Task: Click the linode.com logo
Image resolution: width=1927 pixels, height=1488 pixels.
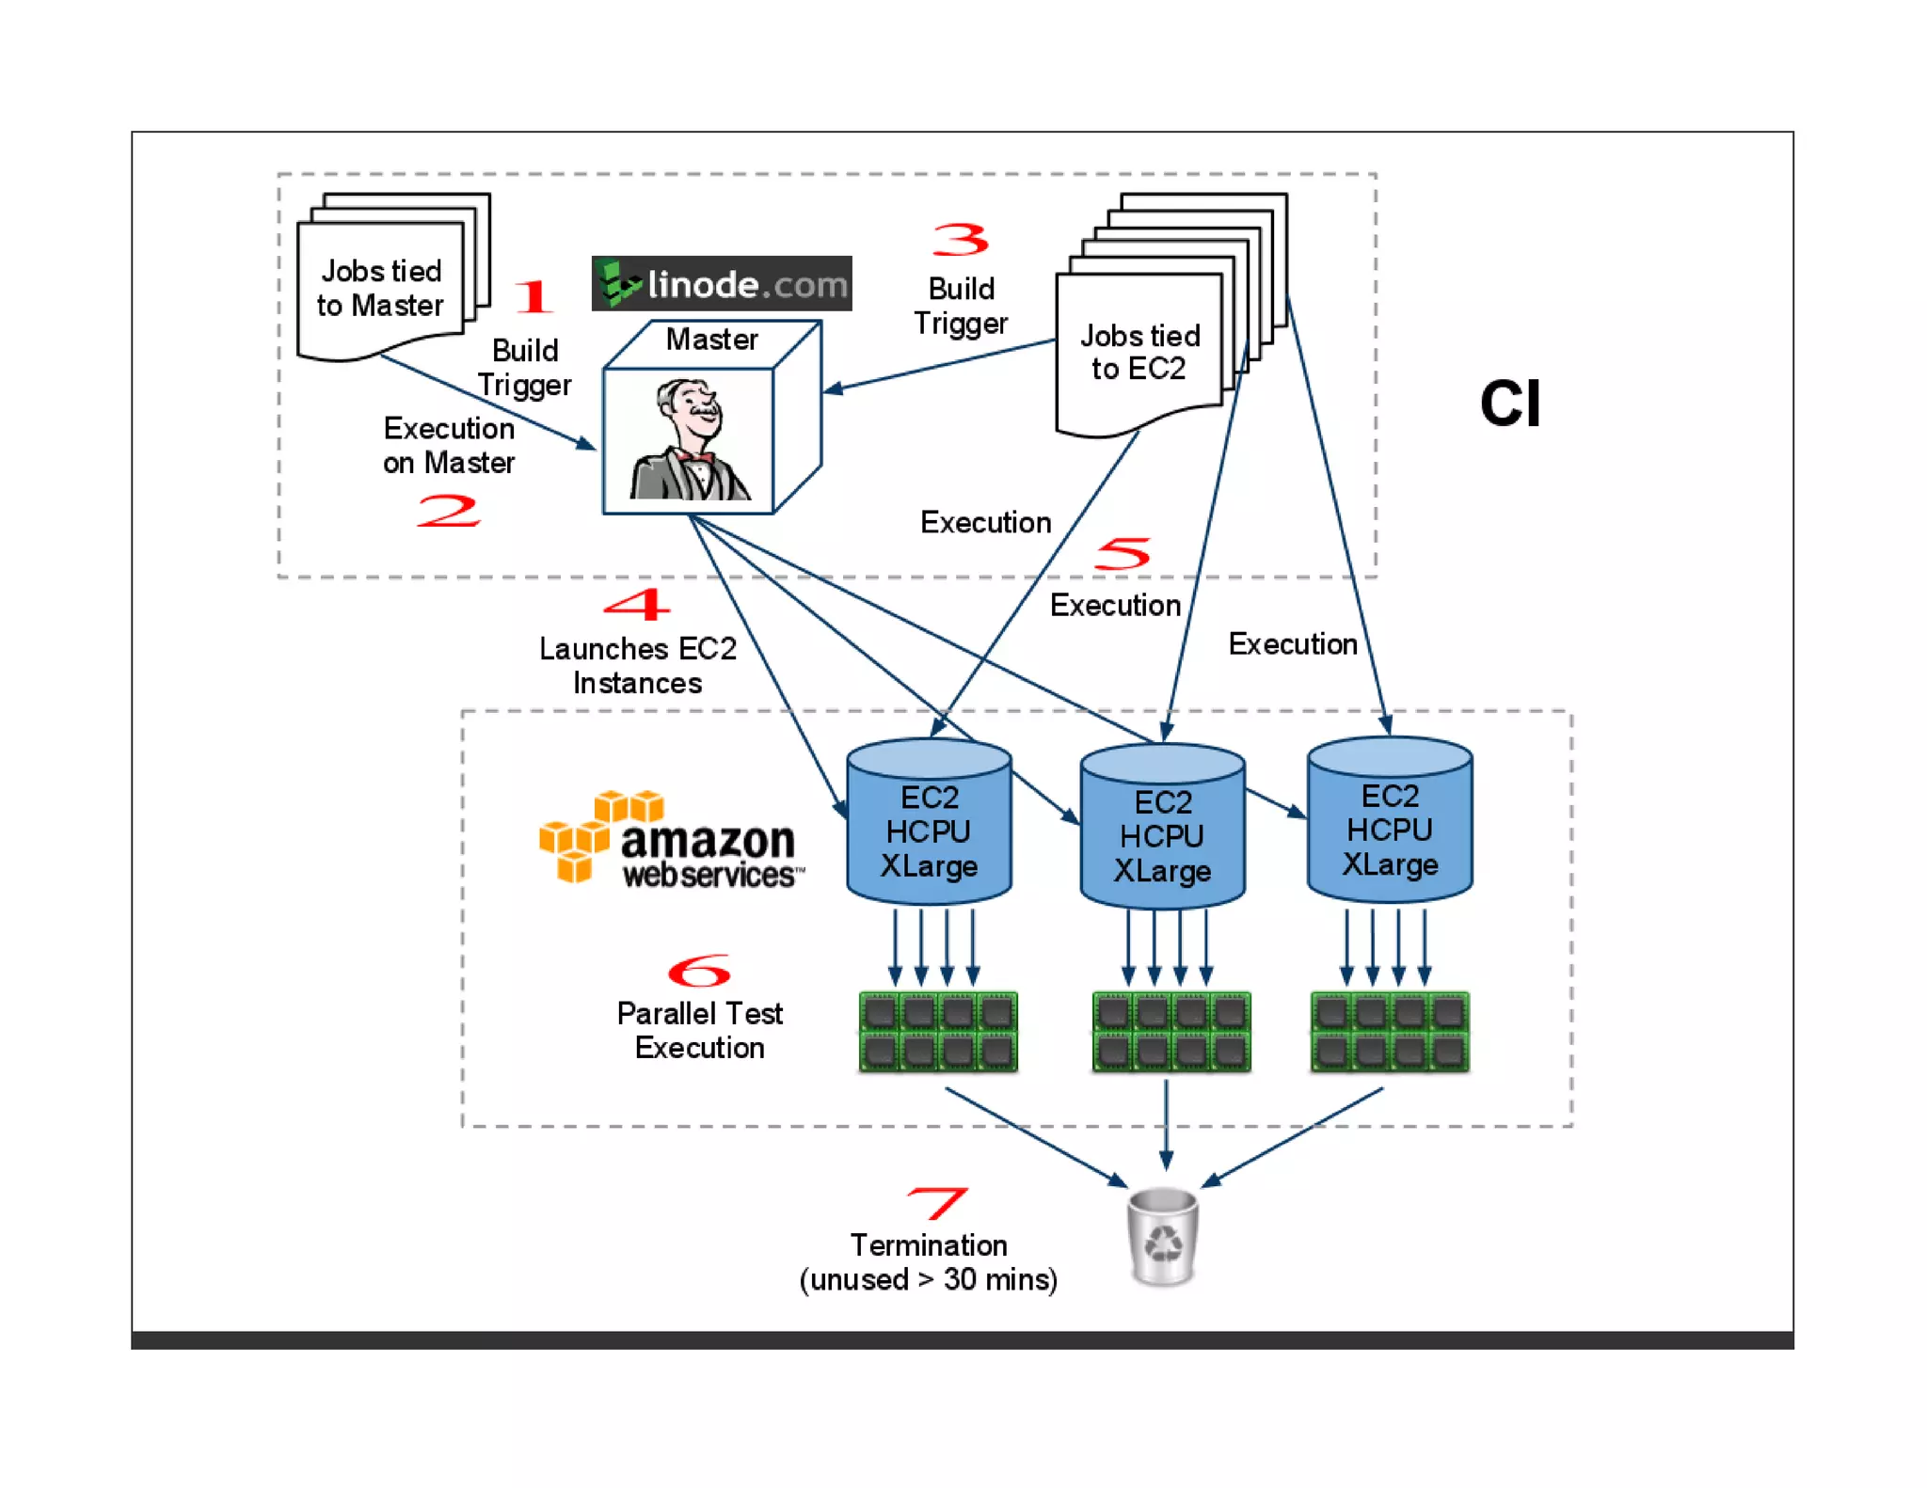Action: (x=722, y=283)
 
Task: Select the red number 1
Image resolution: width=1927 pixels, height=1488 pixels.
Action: (x=534, y=296)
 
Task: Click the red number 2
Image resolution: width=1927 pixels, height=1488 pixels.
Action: (x=449, y=511)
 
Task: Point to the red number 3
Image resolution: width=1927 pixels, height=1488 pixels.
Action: (x=961, y=240)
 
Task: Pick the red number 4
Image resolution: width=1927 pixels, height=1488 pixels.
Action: (x=637, y=604)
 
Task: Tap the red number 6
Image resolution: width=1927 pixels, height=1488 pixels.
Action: (x=699, y=971)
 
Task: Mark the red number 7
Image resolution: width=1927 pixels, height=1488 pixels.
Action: (x=936, y=1202)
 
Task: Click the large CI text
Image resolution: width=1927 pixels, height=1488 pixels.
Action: (x=1509, y=404)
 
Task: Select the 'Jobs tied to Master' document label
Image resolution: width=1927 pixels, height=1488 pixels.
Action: (x=380, y=288)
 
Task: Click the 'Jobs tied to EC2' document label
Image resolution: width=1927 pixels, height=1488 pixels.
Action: (x=1139, y=352)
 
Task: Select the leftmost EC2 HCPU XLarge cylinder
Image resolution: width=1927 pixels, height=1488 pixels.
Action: (x=929, y=823)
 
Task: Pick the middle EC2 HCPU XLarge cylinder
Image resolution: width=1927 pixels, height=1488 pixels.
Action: (x=1162, y=828)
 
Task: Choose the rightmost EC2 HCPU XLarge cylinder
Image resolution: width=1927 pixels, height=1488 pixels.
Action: (x=1390, y=821)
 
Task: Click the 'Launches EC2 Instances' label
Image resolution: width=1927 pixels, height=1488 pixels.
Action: (x=637, y=665)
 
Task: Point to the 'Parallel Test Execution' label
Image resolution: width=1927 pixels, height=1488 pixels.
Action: (x=699, y=1030)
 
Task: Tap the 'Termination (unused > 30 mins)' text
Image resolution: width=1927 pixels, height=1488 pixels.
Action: (x=929, y=1262)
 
